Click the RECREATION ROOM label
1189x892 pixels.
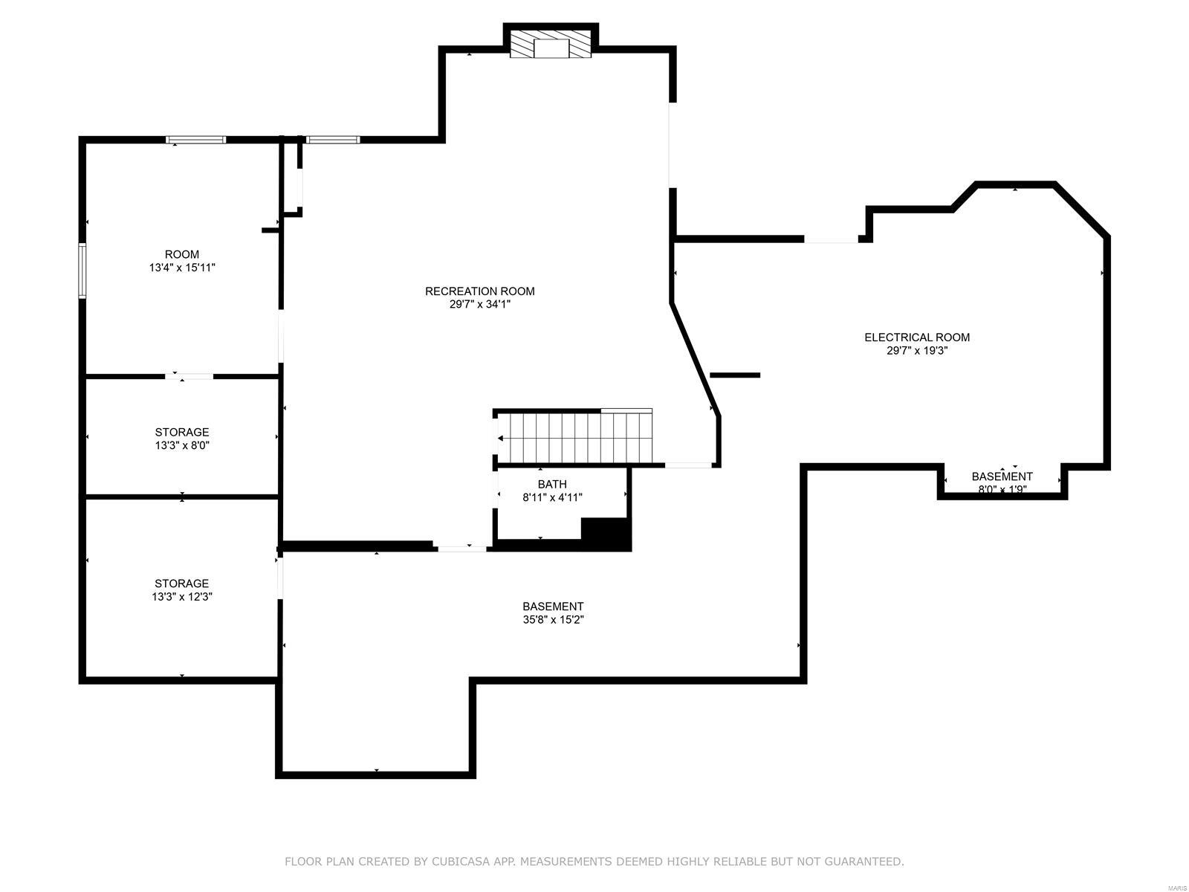coord(479,291)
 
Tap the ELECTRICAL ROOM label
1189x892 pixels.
coord(916,337)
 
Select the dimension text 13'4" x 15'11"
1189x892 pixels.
coord(182,268)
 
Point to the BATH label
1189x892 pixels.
coord(552,485)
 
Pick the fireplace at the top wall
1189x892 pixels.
coord(551,45)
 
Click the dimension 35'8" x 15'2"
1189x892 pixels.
coord(553,620)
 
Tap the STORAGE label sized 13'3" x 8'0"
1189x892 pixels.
coord(182,432)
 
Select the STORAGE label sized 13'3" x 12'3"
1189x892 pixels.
coord(182,584)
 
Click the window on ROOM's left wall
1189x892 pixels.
coord(82,271)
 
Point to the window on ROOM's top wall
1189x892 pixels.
coord(195,139)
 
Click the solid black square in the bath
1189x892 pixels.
coord(606,534)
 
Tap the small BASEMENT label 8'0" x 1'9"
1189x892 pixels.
coord(1002,476)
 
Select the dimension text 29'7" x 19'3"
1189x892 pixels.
coord(916,351)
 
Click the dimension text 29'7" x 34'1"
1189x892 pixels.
coord(479,305)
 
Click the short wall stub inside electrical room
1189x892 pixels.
coord(735,375)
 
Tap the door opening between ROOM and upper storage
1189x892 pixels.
coord(189,377)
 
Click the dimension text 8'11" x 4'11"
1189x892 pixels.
coord(552,498)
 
